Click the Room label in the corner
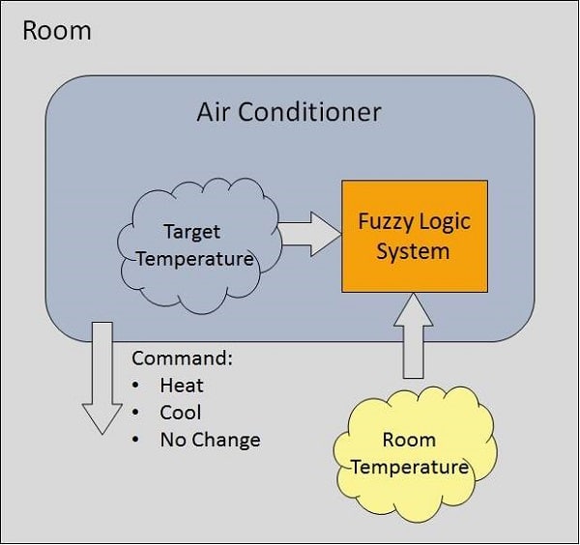pyautogui.click(x=57, y=30)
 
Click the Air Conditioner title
pyautogui.click(x=289, y=112)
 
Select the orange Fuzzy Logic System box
pyautogui.click(x=415, y=237)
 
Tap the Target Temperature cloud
pyautogui.click(x=199, y=245)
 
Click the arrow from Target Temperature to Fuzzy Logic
pyautogui.click(x=310, y=234)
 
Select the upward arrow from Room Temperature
pyautogui.click(x=413, y=335)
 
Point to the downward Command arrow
pyautogui.click(x=102, y=378)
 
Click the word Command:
pyautogui.click(x=183, y=359)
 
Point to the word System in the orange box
pyautogui.click(x=413, y=252)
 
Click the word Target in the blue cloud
pyautogui.click(x=192, y=233)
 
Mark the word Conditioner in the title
pyautogui.click(x=309, y=112)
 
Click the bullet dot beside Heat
pyautogui.click(x=135, y=386)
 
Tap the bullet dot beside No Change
pyautogui.click(x=135, y=440)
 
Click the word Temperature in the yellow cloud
pyautogui.click(x=410, y=468)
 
